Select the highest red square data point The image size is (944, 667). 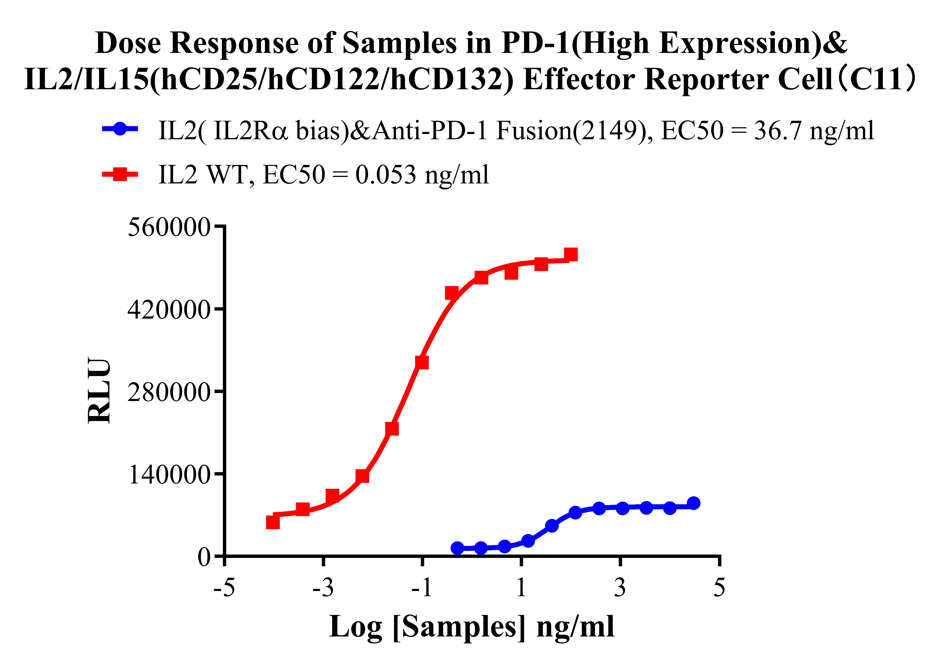(x=571, y=255)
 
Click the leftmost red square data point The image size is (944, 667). (x=273, y=522)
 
